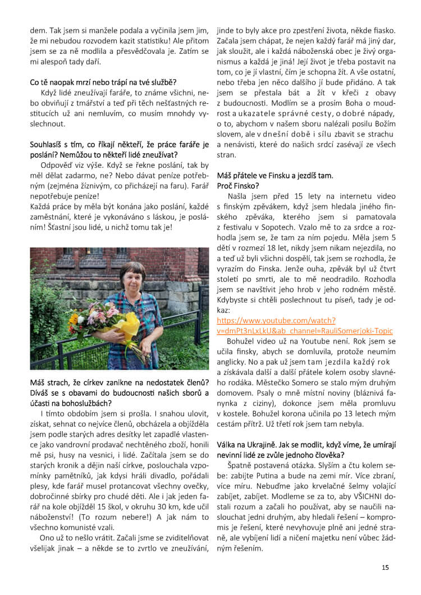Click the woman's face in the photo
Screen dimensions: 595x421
pyautogui.click(x=132, y=280)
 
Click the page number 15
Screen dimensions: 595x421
pyautogui.click(x=385, y=567)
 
